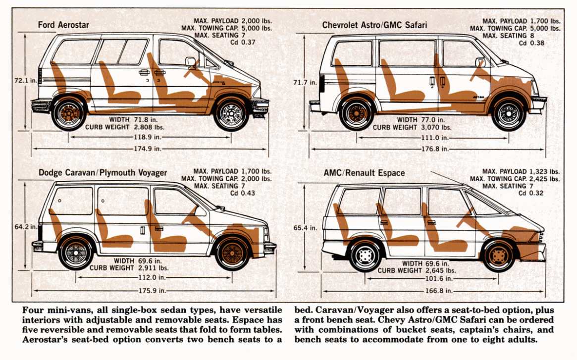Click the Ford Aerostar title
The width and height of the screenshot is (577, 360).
pos(63,25)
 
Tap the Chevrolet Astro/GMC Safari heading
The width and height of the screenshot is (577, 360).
pos(374,24)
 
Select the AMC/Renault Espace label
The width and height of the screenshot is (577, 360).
pos(364,173)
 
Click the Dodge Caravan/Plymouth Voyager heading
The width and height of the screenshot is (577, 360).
pos(103,173)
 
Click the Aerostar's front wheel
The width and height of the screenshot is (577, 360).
pos(231,114)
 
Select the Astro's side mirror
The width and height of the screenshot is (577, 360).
pos(479,62)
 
